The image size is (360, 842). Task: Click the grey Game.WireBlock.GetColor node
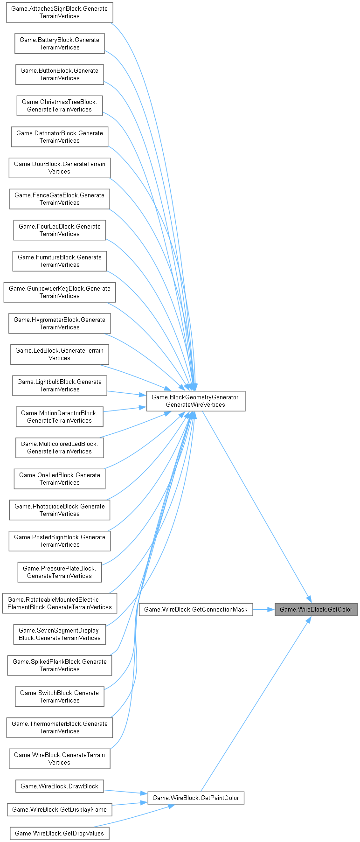(316, 609)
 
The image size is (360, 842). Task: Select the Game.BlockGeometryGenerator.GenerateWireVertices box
(196, 401)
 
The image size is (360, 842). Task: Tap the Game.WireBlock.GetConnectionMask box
(196, 609)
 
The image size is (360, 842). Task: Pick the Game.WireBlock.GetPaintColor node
(196, 798)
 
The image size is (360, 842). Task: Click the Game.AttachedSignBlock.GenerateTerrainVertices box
(59, 12)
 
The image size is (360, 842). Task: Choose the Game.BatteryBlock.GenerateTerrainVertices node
(59, 43)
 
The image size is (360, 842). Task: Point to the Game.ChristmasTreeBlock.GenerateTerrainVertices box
(59, 105)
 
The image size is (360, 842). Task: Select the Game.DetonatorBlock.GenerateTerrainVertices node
(59, 137)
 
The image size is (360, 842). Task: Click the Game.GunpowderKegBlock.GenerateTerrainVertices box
(59, 292)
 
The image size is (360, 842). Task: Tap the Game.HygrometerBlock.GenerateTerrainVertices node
(59, 323)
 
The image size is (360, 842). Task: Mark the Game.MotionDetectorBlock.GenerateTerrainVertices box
(59, 417)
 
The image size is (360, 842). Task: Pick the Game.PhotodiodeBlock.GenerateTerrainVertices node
(59, 510)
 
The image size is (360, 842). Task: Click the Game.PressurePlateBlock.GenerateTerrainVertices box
(59, 572)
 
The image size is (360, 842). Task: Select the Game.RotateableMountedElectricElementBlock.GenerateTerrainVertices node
(59, 603)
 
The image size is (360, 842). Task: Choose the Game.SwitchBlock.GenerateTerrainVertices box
(59, 696)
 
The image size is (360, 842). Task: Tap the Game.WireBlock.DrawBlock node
(59, 786)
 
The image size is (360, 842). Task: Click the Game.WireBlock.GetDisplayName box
(59, 809)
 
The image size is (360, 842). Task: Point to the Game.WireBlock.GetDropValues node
(59, 833)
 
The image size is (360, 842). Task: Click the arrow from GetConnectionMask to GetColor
(263, 609)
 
